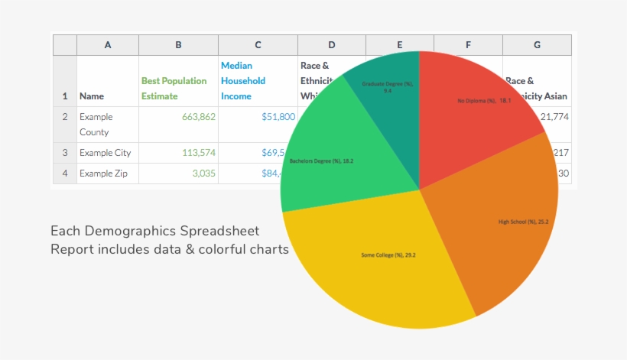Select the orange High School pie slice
click(497, 229)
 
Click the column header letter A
click(108, 45)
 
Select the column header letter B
click(178, 45)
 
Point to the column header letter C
click(258, 45)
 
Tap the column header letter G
click(537, 45)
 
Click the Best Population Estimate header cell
click(174, 88)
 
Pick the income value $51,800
click(278, 117)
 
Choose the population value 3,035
click(203, 174)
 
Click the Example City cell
click(106, 153)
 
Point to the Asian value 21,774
click(555, 117)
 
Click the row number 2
click(65, 117)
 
